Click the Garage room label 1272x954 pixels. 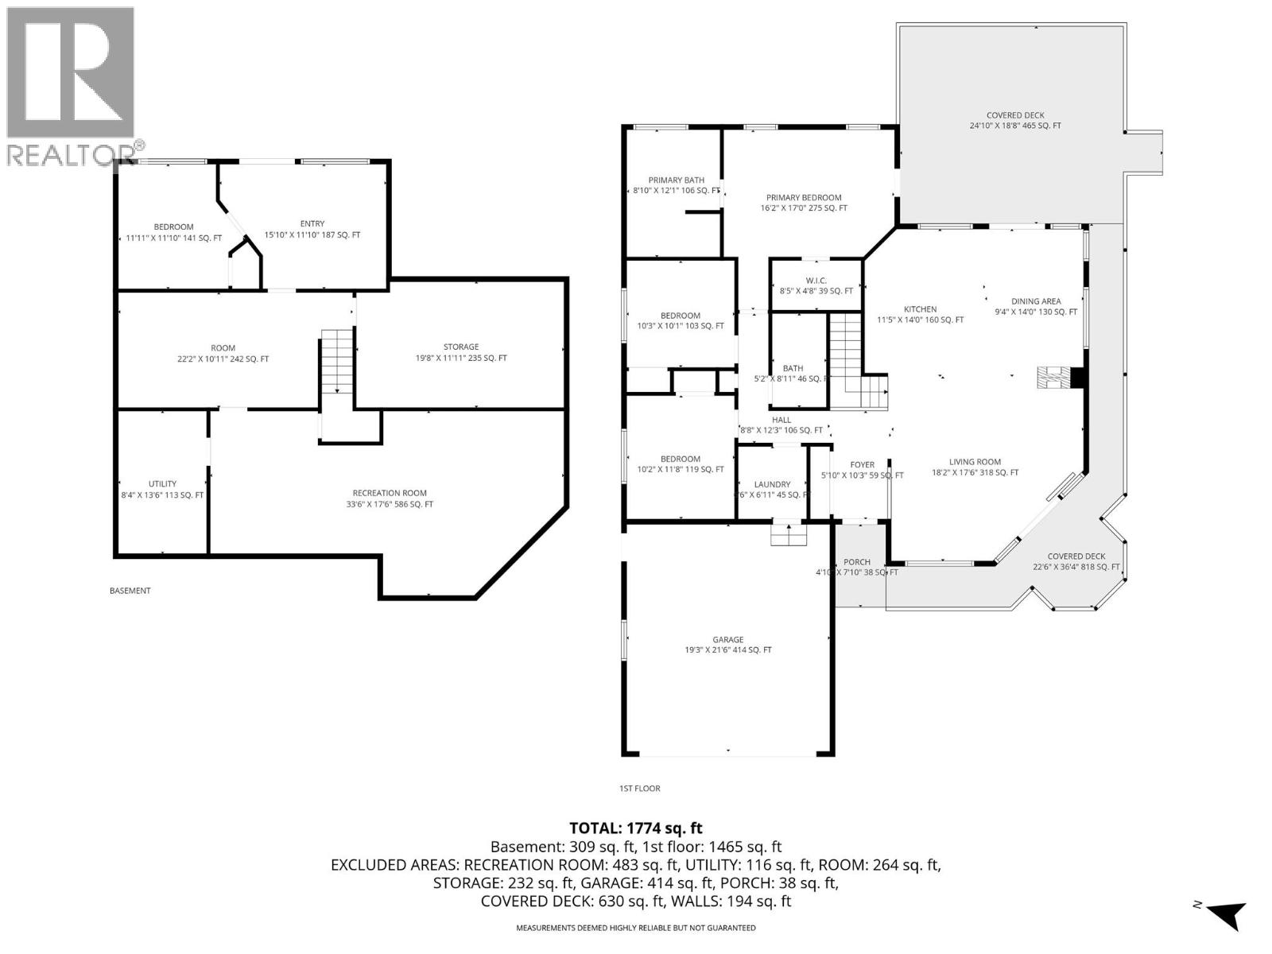point(727,645)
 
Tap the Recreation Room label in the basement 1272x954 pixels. point(390,498)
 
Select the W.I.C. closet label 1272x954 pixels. point(816,285)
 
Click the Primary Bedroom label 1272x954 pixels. point(803,203)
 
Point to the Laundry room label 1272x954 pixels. point(772,489)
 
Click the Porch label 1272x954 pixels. point(857,567)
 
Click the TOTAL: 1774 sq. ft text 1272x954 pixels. point(636,828)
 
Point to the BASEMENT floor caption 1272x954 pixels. point(130,591)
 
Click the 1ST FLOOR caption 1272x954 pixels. point(639,789)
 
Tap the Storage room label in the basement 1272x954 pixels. point(461,352)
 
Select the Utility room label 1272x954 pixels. point(162,489)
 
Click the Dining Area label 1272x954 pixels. point(1036,306)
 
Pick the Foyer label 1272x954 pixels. point(862,470)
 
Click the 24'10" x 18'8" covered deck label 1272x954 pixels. point(1014,121)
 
